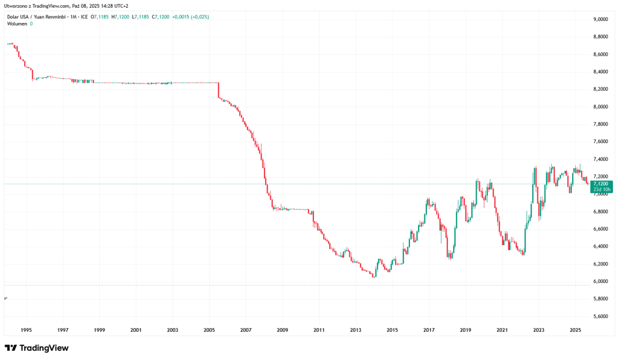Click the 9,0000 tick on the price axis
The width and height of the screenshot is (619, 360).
coord(601,19)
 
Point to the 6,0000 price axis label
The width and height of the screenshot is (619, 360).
coord(601,282)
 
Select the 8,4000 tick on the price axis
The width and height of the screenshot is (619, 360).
coord(601,72)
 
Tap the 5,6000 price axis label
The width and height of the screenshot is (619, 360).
coord(601,316)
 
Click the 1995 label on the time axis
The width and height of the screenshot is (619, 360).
coord(27,331)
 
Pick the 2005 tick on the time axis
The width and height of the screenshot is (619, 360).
coord(209,331)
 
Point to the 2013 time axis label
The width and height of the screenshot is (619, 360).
coord(355,331)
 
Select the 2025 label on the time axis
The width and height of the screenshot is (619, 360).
coord(575,331)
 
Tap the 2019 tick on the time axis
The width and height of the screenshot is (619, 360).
coord(465,331)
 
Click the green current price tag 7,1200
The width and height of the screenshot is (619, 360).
coord(601,184)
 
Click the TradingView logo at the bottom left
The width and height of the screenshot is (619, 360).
coord(37,348)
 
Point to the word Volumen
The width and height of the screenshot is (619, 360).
coord(18,24)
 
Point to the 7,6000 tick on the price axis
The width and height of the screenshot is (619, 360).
coord(601,142)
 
